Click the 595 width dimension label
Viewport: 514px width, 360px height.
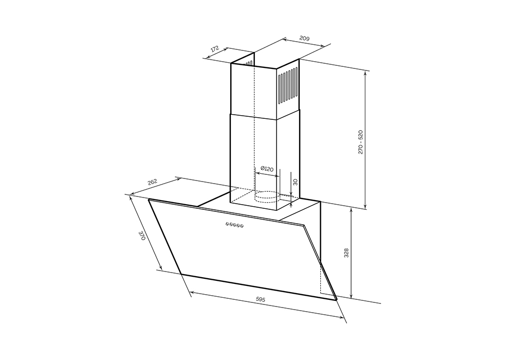tap(261, 299)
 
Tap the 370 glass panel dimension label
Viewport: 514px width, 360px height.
tap(142, 236)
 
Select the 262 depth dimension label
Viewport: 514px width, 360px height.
tap(153, 182)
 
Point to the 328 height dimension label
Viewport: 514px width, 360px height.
tap(346, 253)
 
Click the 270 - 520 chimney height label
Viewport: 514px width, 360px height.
tap(361, 141)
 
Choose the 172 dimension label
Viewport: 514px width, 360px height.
tap(214, 49)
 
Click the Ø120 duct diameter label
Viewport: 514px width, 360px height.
tap(267, 169)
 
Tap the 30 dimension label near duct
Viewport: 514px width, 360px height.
tap(295, 182)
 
